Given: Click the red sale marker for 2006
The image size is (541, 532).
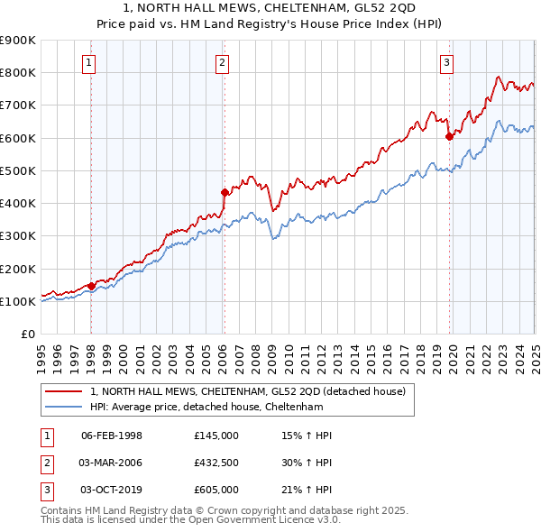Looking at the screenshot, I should click(x=225, y=192).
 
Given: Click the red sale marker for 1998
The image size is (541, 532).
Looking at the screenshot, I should click(x=92, y=286).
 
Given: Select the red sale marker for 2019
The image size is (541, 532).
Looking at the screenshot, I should click(x=449, y=137).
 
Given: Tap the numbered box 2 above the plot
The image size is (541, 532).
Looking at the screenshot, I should click(x=222, y=62).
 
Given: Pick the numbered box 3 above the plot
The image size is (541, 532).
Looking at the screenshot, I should click(x=446, y=62).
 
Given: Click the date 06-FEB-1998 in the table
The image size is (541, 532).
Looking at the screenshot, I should click(x=112, y=436).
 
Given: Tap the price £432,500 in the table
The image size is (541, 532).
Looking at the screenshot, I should click(x=215, y=463).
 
